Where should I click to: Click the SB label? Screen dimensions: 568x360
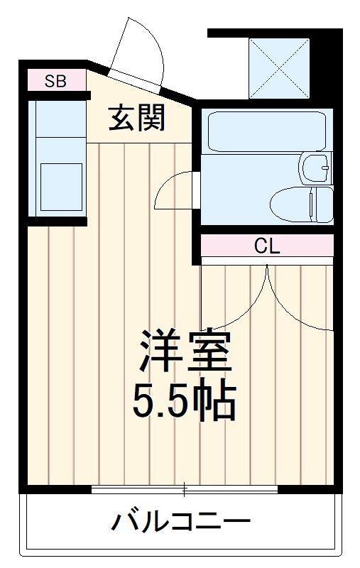[x=55, y=81]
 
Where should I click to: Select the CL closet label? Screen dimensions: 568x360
[x=267, y=246]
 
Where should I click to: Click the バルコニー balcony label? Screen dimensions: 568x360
[x=180, y=524]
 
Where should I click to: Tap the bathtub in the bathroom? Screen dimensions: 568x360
[x=266, y=129]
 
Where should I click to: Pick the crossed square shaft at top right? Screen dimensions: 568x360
[x=279, y=68]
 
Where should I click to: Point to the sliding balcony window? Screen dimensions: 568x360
[x=185, y=489]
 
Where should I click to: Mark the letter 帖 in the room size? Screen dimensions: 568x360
[x=216, y=403]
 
